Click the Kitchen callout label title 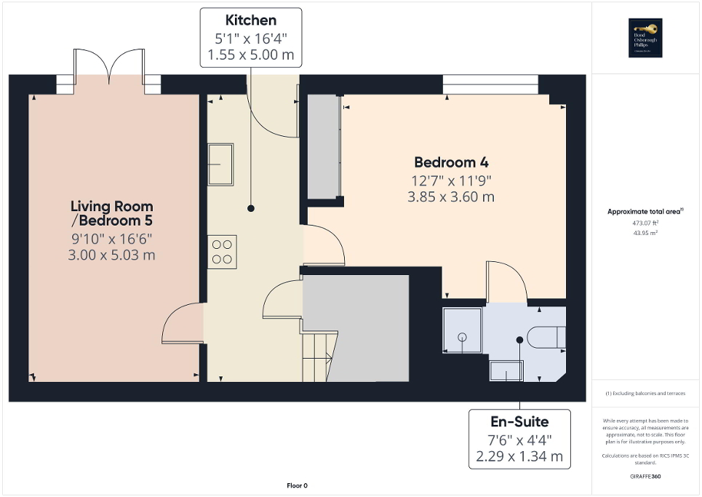251,20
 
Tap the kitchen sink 220,164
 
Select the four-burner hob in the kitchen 222,252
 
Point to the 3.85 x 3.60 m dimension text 452,196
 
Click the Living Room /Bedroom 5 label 112,213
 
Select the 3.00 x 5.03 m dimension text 112,255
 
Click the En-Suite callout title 519,421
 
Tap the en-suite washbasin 506,371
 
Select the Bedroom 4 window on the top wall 490,84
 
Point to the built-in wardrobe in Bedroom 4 324,146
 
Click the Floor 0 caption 297,485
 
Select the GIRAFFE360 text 646,477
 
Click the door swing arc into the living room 177,323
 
